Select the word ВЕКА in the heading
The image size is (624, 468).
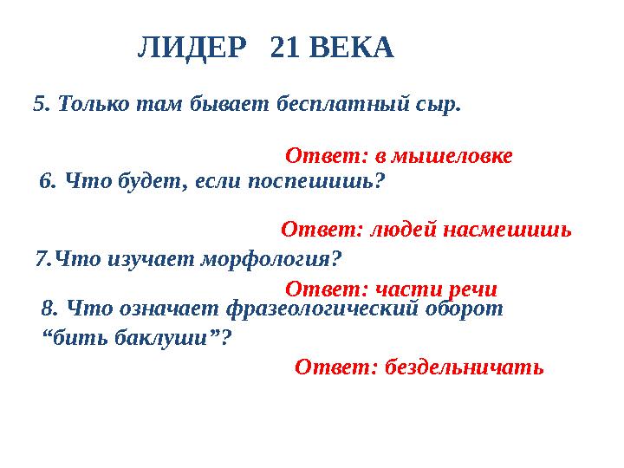point(351,49)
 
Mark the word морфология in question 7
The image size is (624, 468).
point(273,258)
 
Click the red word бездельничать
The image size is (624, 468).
point(463,367)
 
